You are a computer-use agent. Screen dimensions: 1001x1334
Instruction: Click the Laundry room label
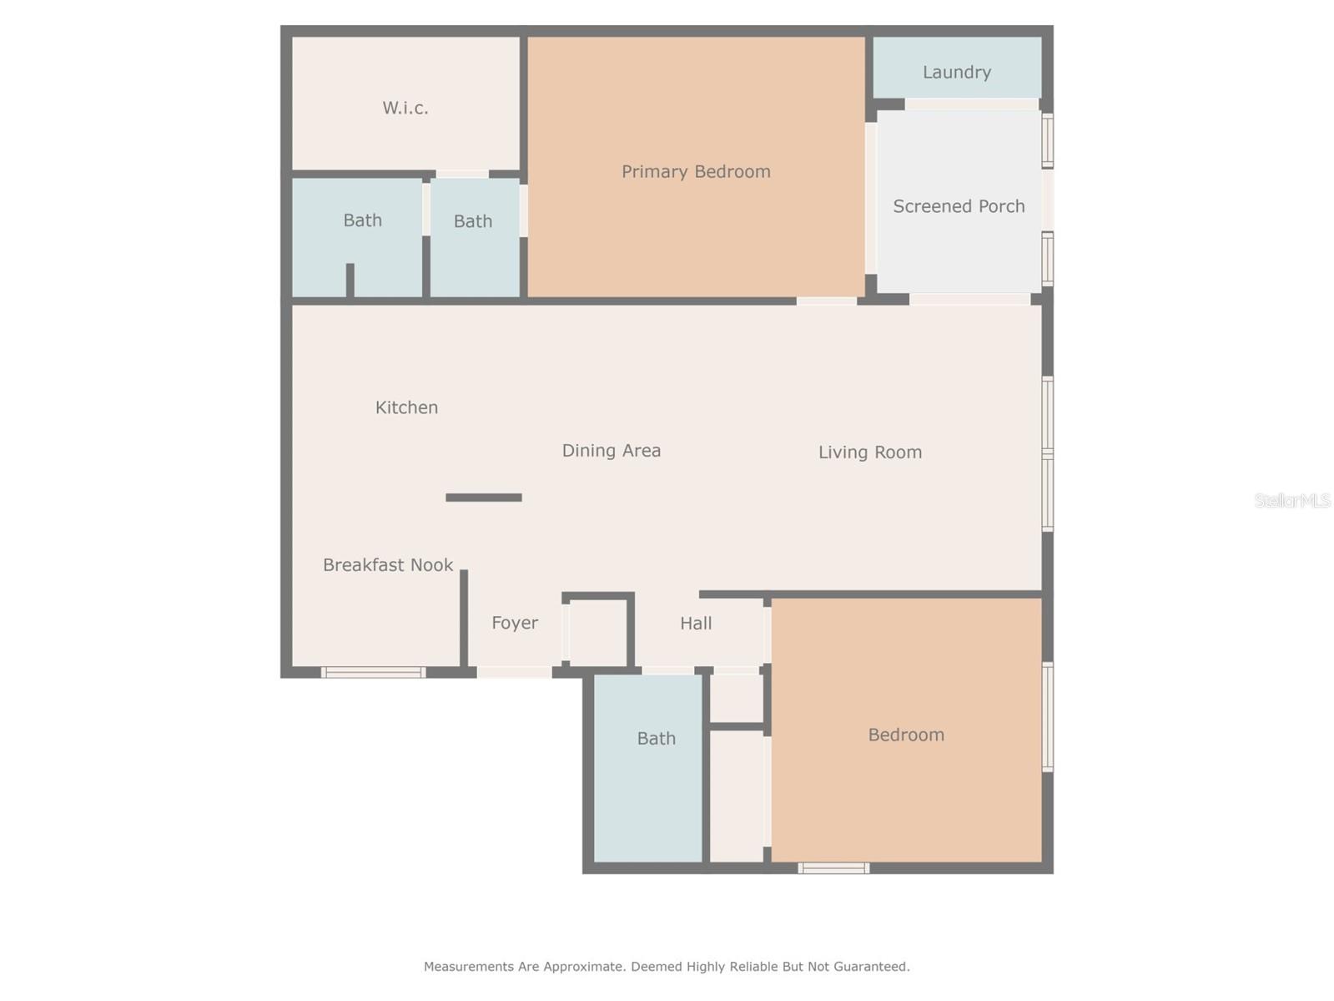(x=956, y=73)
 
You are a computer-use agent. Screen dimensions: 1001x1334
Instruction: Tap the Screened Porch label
(x=959, y=206)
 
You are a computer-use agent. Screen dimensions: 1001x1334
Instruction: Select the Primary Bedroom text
(x=696, y=172)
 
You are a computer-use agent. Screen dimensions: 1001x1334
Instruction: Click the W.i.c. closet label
(x=405, y=108)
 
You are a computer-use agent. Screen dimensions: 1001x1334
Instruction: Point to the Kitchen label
(x=406, y=407)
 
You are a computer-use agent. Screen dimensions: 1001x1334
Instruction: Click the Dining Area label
(x=611, y=451)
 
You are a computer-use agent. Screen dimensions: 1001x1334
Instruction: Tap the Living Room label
(x=869, y=452)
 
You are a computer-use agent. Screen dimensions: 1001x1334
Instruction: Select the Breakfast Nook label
(x=388, y=565)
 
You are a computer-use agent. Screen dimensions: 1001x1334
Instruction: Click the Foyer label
(x=515, y=623)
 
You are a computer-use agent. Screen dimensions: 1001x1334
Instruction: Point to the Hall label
(x=696, y=624)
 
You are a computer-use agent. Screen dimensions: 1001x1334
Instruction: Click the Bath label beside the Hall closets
(x=656, y=739)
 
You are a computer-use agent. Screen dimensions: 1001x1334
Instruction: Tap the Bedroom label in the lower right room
(x=906, y=736)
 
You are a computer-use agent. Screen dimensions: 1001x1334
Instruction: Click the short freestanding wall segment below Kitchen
(x=484, y=498)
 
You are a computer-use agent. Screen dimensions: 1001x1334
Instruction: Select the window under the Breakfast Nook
(x=373, y=672)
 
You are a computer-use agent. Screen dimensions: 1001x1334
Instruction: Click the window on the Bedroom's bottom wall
(x=833, y=868)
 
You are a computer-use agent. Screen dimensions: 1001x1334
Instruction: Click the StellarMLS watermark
(x=1292, y=500)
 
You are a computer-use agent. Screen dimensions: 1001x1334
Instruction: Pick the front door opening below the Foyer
(x=514, y=672)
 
